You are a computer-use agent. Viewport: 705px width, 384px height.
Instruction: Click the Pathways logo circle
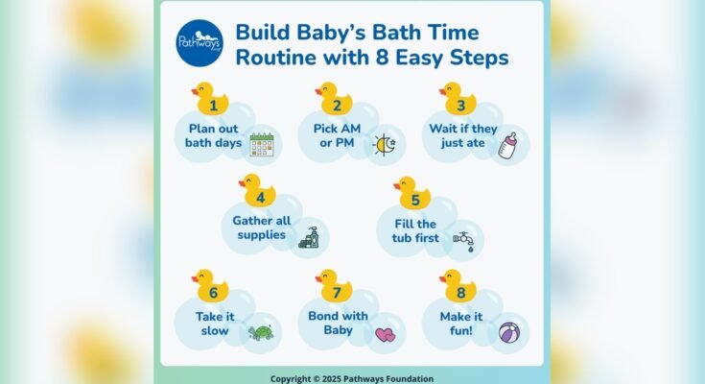pos(200,43)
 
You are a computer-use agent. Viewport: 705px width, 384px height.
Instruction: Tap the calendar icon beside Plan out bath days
pos(262,145)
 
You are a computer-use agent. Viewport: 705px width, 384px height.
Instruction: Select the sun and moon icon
pos(386,145)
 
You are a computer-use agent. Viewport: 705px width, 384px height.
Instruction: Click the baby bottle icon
pos(508,145)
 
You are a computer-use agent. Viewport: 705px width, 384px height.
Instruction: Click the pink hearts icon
pos(385,335)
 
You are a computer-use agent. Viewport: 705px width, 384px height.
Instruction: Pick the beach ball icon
pos(509,333)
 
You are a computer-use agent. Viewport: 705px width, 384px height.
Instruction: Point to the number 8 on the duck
pos(460,292)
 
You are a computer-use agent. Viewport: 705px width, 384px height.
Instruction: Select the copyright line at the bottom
pos(351,378)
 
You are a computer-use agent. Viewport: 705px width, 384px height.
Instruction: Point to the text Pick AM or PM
pos(336,136)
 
